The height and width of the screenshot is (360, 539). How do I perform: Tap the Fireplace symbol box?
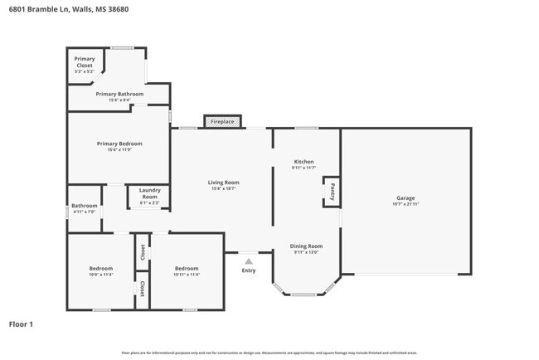click(222, 122)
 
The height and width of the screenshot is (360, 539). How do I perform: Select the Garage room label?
click(405, 198)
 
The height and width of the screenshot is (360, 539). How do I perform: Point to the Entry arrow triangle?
click(248, 260)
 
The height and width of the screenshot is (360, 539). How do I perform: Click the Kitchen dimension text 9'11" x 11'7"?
click(304, 168)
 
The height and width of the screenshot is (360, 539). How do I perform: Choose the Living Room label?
click(223, 182)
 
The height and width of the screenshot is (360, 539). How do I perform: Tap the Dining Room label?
click(306, 246)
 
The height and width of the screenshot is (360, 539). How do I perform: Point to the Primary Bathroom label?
click(119, 95)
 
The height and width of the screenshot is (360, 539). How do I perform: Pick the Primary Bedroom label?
click(119, 144)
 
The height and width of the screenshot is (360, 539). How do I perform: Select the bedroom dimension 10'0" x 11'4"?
click(100, 275)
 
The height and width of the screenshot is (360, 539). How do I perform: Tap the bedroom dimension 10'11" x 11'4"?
click(187, 275)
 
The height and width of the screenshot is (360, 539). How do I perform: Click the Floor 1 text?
click(21, 324)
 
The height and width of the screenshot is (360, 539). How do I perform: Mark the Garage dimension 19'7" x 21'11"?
click(405, 204)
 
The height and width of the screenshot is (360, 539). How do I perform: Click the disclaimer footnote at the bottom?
click(269, 353)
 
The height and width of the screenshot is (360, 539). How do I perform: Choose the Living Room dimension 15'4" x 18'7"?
click(223, 188)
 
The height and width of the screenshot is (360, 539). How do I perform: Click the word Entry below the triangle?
click(249, 270)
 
